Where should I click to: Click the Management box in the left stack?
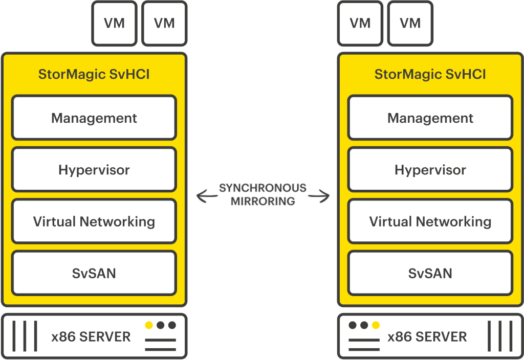pyautogui.click(x=94, y=118)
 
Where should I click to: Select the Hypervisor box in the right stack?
pyautogui.click(x=430, y=170)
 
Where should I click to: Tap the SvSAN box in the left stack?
pyautogui.click(x=94, y=273)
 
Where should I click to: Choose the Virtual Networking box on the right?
pyautogui.click(x=430, y=221)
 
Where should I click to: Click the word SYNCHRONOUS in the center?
pyautogui.click(x=263, y=188)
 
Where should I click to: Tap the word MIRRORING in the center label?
pyautogui.click(x=263, y=201)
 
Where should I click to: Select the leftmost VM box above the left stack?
pyautogui.click(x=114, y=23)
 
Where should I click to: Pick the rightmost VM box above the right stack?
pyautogui.click(x=410, y=23)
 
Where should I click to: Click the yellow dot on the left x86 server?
pyautogui.click(x=149, y=325)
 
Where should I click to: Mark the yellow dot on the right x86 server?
pyautogui.click(x=376, y=325)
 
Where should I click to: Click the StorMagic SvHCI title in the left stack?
pyautogui.click(x=94, y=75)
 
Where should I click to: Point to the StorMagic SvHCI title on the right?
pyautogui.click(x=430, y=75)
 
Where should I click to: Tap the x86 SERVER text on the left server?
pyautogui.click(x=91, y=337)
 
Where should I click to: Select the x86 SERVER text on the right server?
pyautogui.click(x=427, y=337)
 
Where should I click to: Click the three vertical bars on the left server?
pyautogui.click(x=24, y=336)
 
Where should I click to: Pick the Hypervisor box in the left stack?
pyautogui.click(x=94, y=170)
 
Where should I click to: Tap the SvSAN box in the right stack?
pyautogui.click(x=430, y=273)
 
